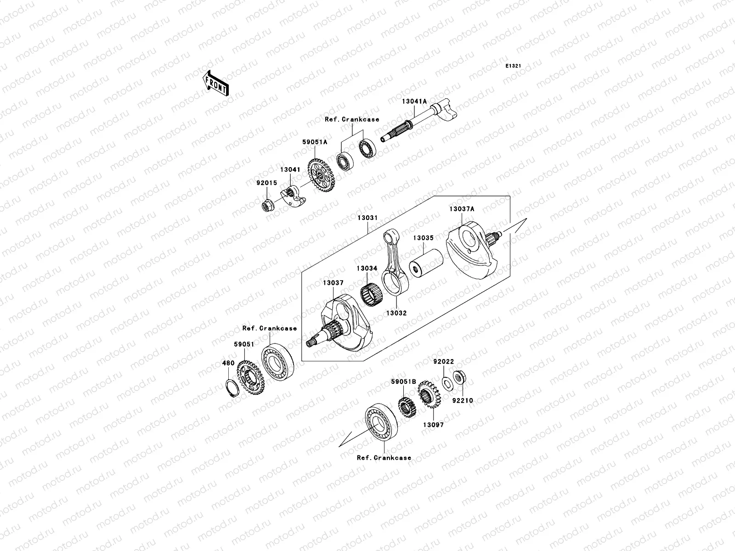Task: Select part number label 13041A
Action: coord(415,101)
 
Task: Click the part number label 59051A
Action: coord(314,142)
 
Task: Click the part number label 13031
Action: coord(367,218)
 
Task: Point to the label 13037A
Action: coord(462,209)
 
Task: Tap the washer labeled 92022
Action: coord(446,382)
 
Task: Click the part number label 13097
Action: coord(433,425)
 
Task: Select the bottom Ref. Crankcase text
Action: coord(384,458)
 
